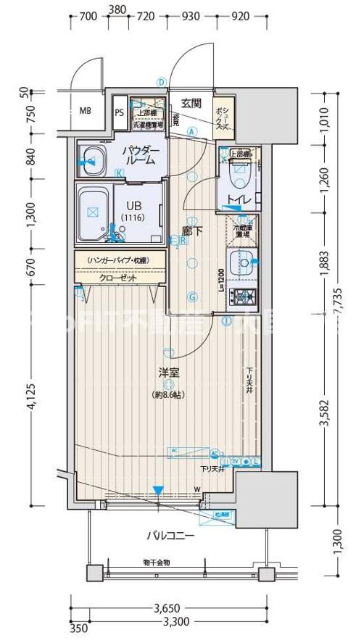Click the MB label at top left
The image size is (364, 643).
[x=85, y=111]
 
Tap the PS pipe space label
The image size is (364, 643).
[x=119, y=112]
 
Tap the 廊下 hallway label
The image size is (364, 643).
[x=191, y=231]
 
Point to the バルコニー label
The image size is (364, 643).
[x=170, y=536]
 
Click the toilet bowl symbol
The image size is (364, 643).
[x=238, y=172]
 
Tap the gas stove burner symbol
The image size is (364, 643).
[x=241, y=296]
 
